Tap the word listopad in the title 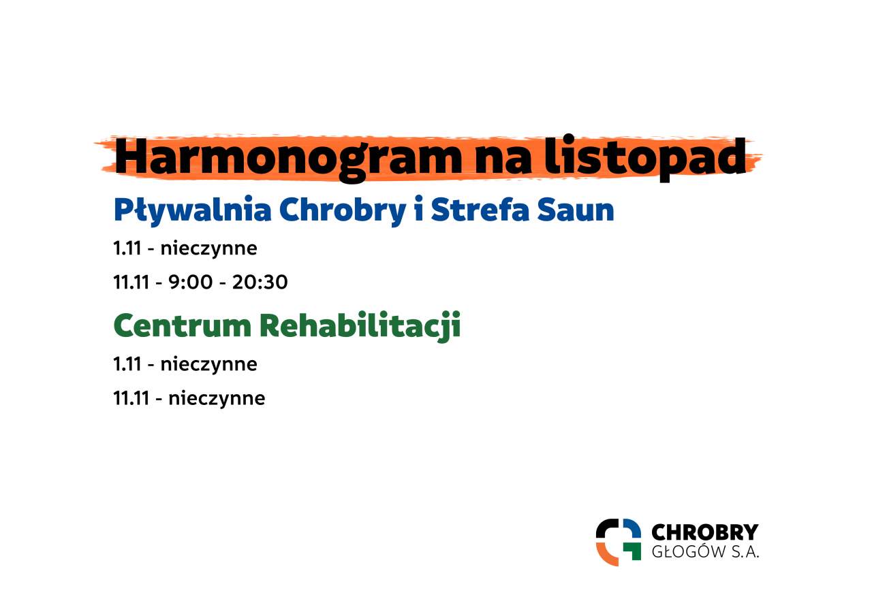click(x=645, y=157)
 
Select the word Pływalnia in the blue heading click(x=192, y=211)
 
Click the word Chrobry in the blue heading click(x=343, y=211)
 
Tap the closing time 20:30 click(x=260, y=282)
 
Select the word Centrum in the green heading click(x=182, y=325)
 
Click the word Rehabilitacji click(x=360, y=327)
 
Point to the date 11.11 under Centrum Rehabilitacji click(x=131, y=398)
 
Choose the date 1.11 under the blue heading click(x=127, y=248)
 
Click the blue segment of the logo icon click(x=634, y=528)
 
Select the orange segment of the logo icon click(x=604, y=555)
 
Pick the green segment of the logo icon click(x=634, y=551)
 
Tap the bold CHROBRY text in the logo click(x=705, y=532)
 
